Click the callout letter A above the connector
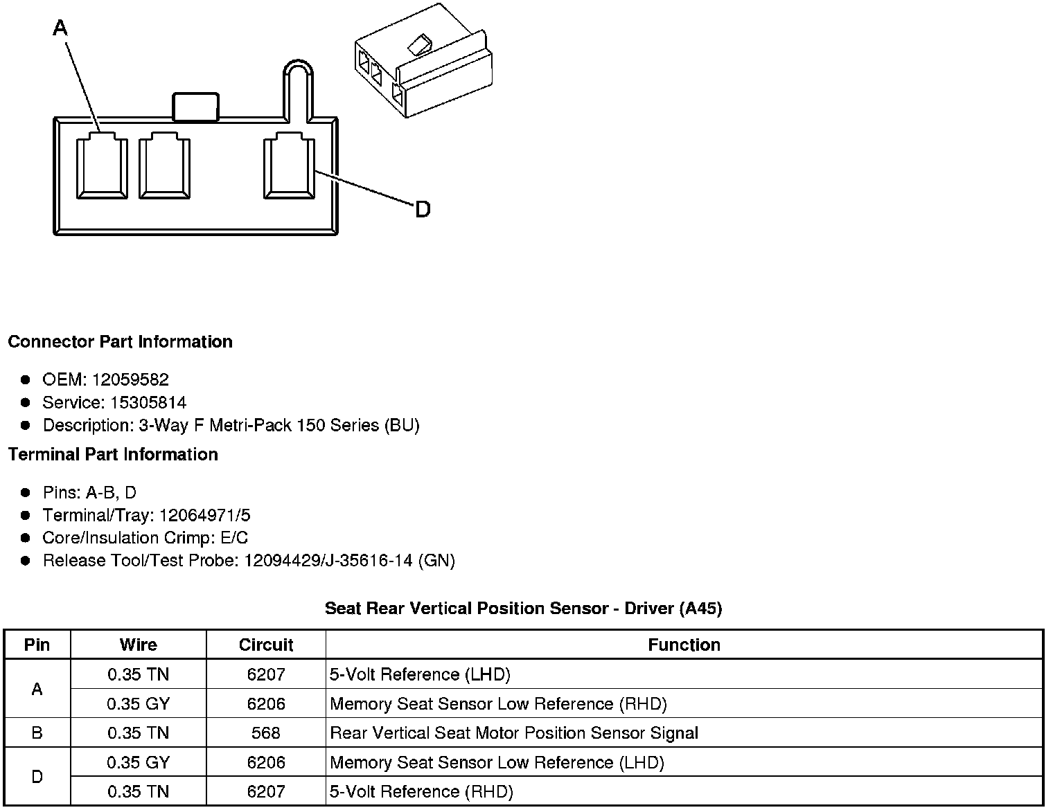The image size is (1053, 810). pyautogui.click(x=60, y=28)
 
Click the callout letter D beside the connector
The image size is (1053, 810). pyautogui.click(x=423, y=209)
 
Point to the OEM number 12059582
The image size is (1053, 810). pyautogui.click(x=130, y=379)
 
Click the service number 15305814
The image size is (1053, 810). pyautogui.click(x=148, y=402)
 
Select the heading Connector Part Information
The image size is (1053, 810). pyautogui.click(x=120, y=342)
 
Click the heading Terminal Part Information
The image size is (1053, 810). pyautogui.click(x=113, y=454)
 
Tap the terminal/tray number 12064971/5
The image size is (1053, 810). pyautogui.click(x=205, y=515)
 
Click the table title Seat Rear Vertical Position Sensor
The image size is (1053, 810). pyautogui.click(x=523, y=609)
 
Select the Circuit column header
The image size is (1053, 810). pyautogui.click(x=266, y=645)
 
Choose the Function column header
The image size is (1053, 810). pyautogui.click(x=684, y=645)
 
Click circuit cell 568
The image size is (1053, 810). pyautogui.click(x=266, y=732)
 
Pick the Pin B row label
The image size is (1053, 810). pyautogui.click(x=37, y=732)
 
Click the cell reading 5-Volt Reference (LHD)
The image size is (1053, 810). pyautogui.click(x=420, y=674)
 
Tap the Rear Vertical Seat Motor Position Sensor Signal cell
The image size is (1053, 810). pyautogui.click(x=514, y=732)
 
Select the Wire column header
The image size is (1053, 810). pyautogui.click(x=138, y=645)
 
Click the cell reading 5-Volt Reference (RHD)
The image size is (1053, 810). pyautogui.click(x=421, y=791)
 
